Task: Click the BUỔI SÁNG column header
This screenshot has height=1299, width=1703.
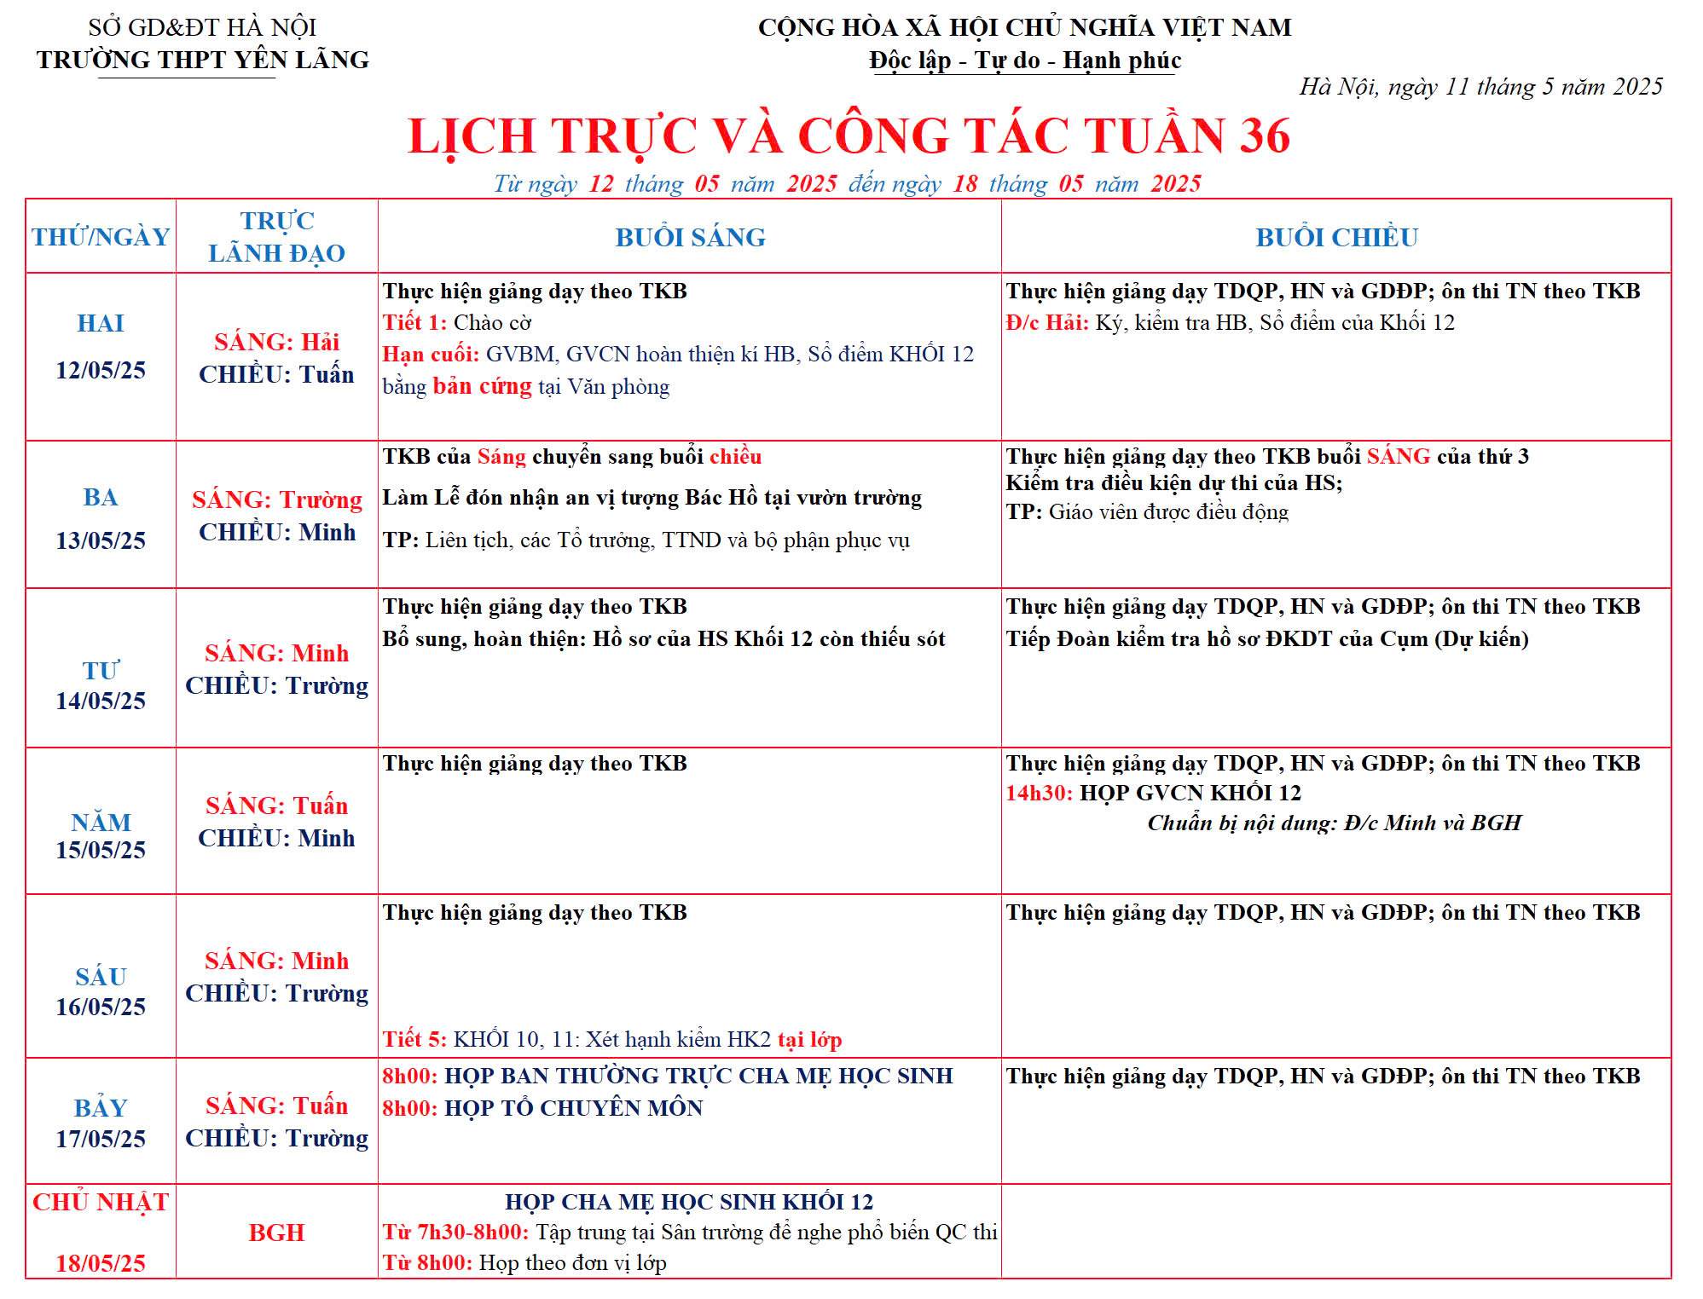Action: [690, 237]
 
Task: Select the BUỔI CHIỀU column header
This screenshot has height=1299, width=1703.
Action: [1336, 237]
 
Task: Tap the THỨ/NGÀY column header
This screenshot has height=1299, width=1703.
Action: [101, 237]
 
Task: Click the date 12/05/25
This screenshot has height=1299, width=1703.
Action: [101, 370]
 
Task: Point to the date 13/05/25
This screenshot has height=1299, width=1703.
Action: [101, 540]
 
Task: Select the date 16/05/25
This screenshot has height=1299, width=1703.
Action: [101, 1007]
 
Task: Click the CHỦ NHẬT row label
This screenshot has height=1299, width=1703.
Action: [101, 1202]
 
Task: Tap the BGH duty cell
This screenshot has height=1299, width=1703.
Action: [276, 1233]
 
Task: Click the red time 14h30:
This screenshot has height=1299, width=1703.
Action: [1039, 793]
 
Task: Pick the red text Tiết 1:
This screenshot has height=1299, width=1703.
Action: [414, 322]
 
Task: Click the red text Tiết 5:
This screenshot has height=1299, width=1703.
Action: [414, 1039]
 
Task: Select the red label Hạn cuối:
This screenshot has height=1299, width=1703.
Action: [431, 354]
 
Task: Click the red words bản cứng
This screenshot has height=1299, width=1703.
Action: [482, 386]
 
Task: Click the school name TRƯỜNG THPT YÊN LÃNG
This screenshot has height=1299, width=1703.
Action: [203, 60]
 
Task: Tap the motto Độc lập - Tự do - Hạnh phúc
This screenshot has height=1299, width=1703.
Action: [1025, 61]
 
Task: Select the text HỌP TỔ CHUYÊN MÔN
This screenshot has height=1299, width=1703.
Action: [574, 1108]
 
